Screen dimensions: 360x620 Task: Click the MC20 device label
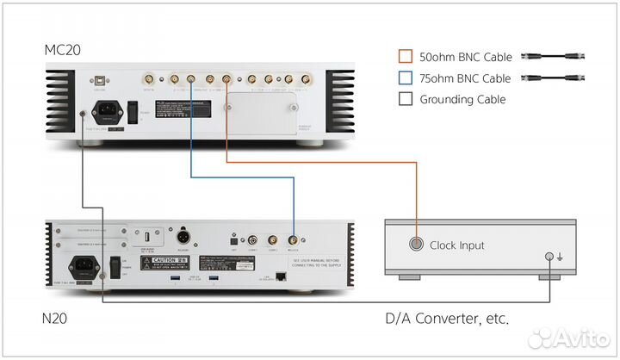click(63, 49)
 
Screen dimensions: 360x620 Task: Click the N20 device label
click(56, 318)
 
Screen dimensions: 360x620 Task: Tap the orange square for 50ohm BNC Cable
click(405, 57)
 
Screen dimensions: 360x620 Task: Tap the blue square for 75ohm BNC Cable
click(405, 78)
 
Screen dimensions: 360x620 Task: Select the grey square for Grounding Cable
click(405, 99)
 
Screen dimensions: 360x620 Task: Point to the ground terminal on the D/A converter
click(549, 256)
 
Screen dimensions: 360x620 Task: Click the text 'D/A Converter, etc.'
click(446, 319)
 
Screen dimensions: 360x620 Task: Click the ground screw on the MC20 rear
click(82, 114)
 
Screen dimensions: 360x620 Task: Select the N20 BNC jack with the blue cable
click(293, 242)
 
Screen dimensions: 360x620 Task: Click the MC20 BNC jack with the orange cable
click(226, 80)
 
